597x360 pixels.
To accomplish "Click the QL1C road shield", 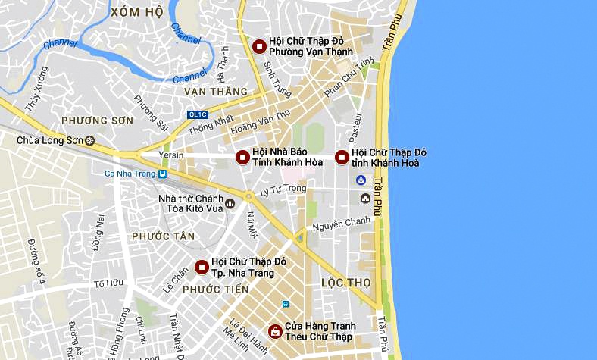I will tap(197, 115).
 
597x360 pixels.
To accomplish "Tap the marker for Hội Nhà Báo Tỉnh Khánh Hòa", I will tap(242, 158).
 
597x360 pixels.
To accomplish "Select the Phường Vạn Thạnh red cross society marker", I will tap(258, 47).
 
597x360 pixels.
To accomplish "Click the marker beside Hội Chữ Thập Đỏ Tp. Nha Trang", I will tap(202, 267).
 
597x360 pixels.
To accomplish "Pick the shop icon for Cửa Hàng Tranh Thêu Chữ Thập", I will tap(274, 331).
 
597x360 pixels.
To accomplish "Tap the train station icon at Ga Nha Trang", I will tap(163, 173).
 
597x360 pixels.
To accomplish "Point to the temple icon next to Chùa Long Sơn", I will tap(90, 140).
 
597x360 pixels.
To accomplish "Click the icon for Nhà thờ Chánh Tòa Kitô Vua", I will tap(230, 204).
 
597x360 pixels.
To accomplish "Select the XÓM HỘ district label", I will tap(136, 13).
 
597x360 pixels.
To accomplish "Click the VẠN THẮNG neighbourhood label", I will tap(216, 92).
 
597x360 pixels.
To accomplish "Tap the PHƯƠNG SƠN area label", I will tap(97, 121).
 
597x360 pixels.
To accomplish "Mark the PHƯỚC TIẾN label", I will tap(216, 290).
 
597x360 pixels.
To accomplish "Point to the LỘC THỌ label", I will tap(346, 282).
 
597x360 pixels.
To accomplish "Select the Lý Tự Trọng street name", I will tap(282, 189).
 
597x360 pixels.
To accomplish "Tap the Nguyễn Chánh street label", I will tap(342, 223).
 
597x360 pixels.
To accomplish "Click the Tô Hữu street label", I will tap(108, 283).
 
